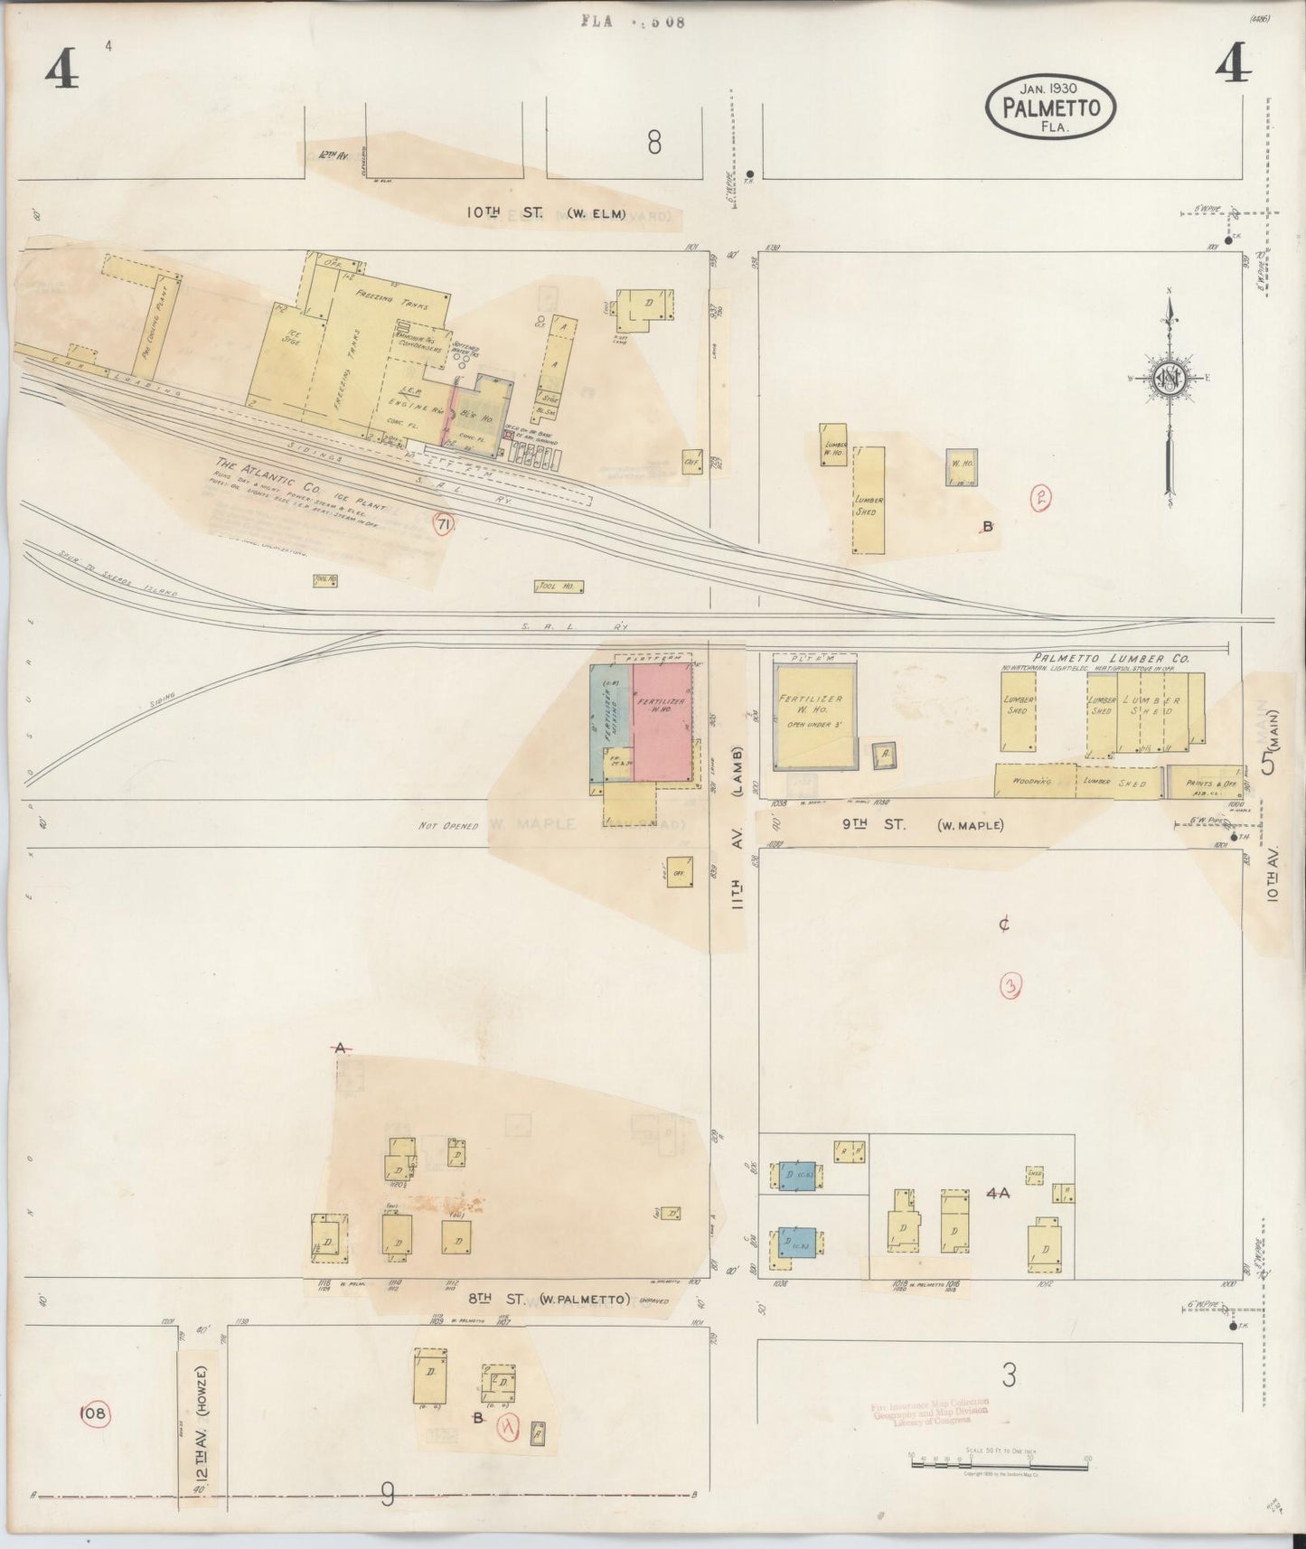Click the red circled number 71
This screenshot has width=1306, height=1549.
pos(443,524)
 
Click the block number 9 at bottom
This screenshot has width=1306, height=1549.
pos(387,1496)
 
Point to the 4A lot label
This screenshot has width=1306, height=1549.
pos(997,1193)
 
